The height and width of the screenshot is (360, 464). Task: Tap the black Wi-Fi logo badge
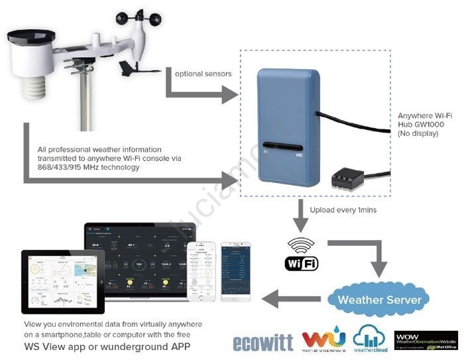302,263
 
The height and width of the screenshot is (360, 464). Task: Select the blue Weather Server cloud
379,299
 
